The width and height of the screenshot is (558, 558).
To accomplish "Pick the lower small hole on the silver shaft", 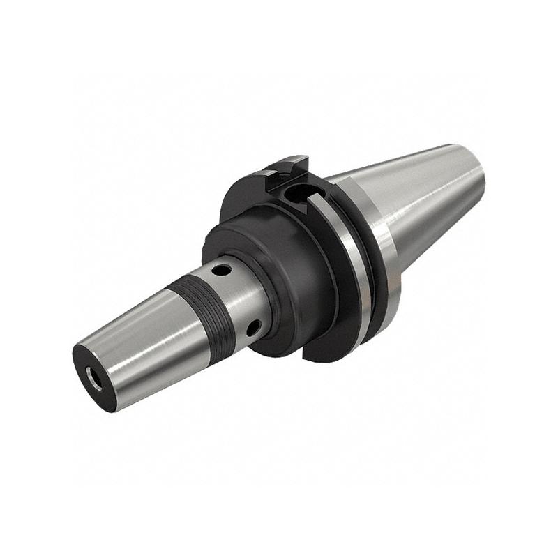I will point(255,326).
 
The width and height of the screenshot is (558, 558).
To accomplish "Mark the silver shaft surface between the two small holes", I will point(241,296).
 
